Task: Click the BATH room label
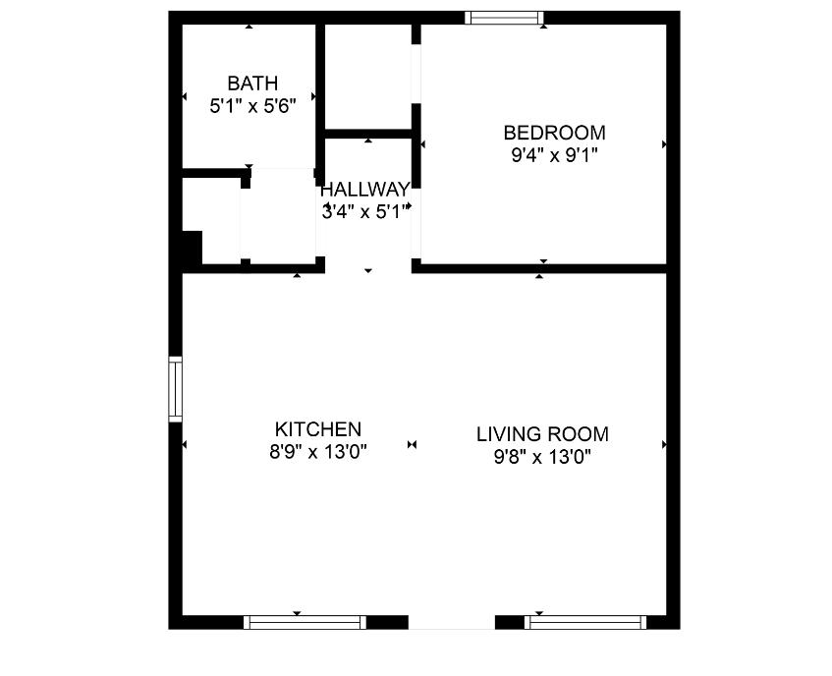(252, 84)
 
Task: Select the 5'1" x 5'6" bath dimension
(252, 106)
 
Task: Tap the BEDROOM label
(554, 133)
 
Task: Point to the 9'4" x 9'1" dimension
(554, 154)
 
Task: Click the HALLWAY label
(364, 190)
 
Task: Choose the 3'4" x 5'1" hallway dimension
(364, 210)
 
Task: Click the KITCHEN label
(318, 429)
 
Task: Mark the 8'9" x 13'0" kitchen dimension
(318, 453)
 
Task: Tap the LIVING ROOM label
(542, 434)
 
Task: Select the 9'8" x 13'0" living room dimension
(542, 456)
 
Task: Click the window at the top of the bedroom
(504, 17)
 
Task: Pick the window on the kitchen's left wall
(176, 389)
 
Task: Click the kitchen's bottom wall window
(305, 622)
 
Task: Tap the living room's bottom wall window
(586, 622)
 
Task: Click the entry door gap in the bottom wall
(451, 622)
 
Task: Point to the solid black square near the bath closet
(191, 247)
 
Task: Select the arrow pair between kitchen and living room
(413, 445)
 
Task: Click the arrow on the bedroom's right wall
(665, 144)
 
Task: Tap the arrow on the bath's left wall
(185, 96)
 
